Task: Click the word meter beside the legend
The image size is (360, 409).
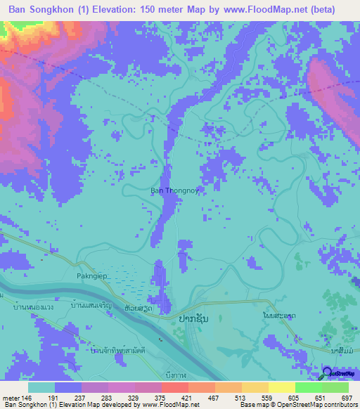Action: tap(11, 397)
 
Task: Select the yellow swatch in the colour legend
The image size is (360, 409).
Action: tap(281, 387)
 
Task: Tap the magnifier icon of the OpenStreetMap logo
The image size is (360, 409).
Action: tap(327, 375)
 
